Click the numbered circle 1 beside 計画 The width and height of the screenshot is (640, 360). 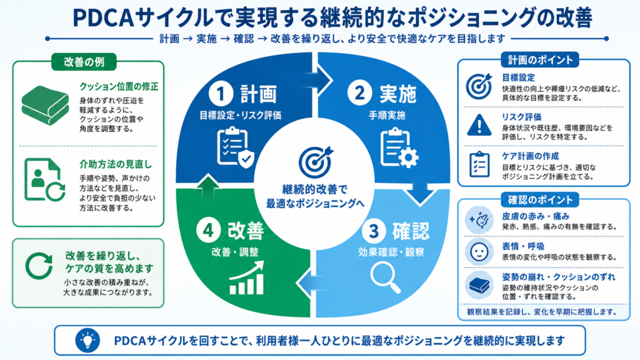(221, 94)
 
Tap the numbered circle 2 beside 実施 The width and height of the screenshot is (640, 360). (359, 92)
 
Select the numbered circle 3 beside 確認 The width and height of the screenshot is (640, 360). (374, 231)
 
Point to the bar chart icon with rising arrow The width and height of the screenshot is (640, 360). (246, 278)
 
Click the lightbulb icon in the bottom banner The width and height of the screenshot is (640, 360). (87, 340)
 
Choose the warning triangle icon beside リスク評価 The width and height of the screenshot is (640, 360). (479, 125)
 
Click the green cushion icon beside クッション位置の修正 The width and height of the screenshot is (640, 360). (45, 105)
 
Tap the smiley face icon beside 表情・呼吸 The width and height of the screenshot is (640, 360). (479, 251)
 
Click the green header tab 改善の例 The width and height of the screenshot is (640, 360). (84, 62)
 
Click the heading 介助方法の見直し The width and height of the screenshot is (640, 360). (116, 164)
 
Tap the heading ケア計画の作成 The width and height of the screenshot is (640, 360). (530, 156)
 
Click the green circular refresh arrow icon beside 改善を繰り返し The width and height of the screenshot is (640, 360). (39, 266)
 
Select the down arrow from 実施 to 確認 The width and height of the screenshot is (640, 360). (419, 192)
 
